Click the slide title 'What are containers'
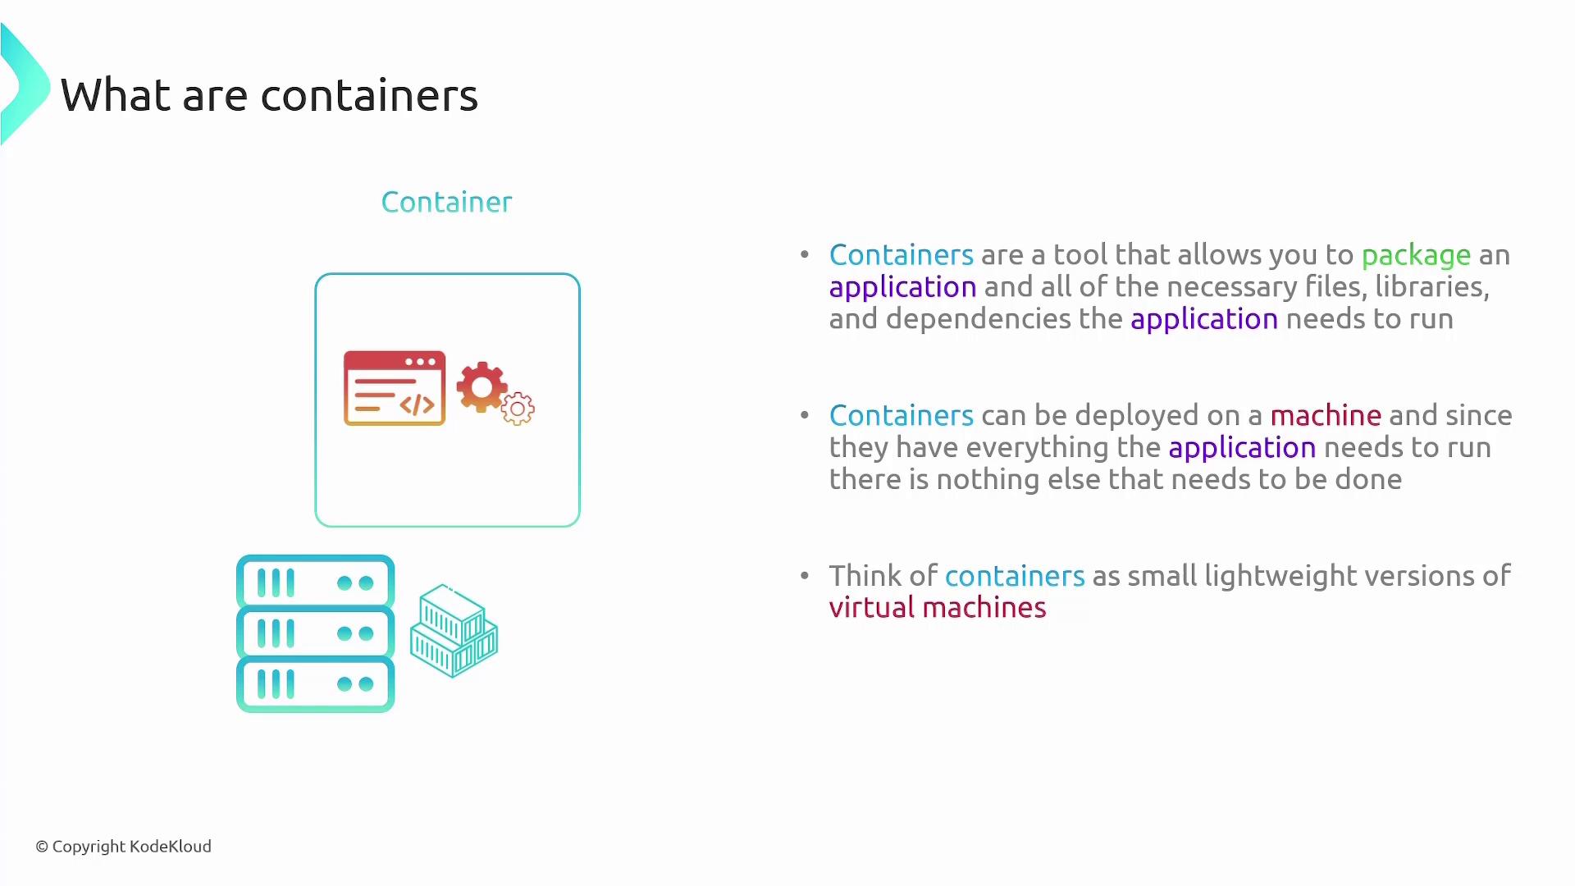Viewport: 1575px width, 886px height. click(x=269, y=95)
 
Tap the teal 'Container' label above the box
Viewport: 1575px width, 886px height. click(x=447, y=202)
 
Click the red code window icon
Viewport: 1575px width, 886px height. click(x=395, y=388)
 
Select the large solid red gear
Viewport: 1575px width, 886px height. click(x=482, y=387)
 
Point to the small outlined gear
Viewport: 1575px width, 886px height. click(x=518, y=409)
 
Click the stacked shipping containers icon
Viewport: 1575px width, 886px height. click(x=454, y=630)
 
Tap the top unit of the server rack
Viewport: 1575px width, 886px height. click(x=316, y=582)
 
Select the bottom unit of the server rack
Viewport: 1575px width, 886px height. click(x=316, y=684)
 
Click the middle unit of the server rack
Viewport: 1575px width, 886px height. click(x=316, y=633)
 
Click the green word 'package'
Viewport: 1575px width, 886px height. click(x=1416, y=256)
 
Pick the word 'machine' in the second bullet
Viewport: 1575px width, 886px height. click(x=1326, y=415)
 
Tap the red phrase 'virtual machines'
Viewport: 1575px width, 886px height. click(x=938, y=607)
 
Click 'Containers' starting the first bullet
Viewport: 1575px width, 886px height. click(x=902, y=254)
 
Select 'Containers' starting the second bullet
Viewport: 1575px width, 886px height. click(x=902, y=415)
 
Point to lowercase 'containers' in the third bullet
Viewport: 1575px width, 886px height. click(x=1015, y=576)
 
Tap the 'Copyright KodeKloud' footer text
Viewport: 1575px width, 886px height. click(x=124, y=847)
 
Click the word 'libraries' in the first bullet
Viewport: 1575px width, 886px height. click(x=1431, y=287)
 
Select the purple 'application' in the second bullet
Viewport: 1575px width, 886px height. click(x=1242, y=449)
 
